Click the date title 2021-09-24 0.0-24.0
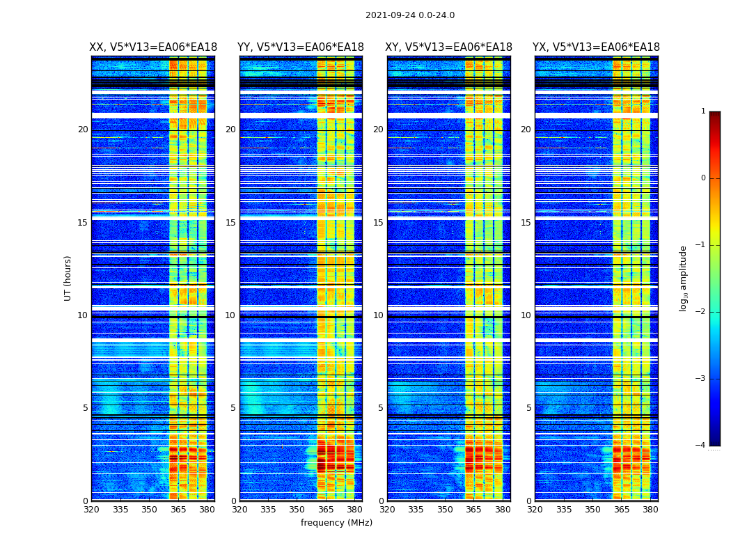[410, 15]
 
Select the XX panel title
[153, 47]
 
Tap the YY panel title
[301, 47]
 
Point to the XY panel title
[449, 47]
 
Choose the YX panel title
[597, 47]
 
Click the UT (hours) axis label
[68, 278]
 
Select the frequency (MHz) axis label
[336, 523]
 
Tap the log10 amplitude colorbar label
[684, 278]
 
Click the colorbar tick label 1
[703, 111]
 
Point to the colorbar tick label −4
[702, 446]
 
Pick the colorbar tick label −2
[702, 312]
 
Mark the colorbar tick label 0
[703, 178]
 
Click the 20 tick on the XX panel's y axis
[83, 130]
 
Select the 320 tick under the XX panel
[92, 510]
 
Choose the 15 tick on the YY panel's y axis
[230, 223]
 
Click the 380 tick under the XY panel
[503, 510]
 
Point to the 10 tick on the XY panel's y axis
[378, 315]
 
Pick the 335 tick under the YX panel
[564, 510]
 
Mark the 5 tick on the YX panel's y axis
[528, 408]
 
